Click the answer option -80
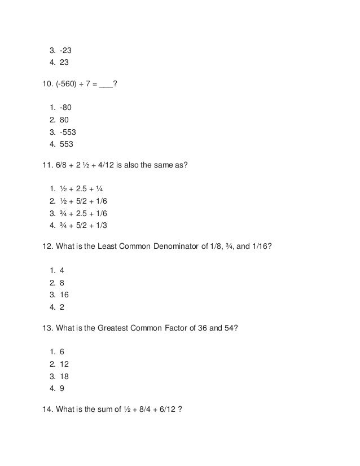click(x=66, y=107)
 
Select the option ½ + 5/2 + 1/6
click(x=83, y=201)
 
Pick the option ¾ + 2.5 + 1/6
click(x=83, y=213)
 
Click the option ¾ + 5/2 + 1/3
click(x=83, y=226)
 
